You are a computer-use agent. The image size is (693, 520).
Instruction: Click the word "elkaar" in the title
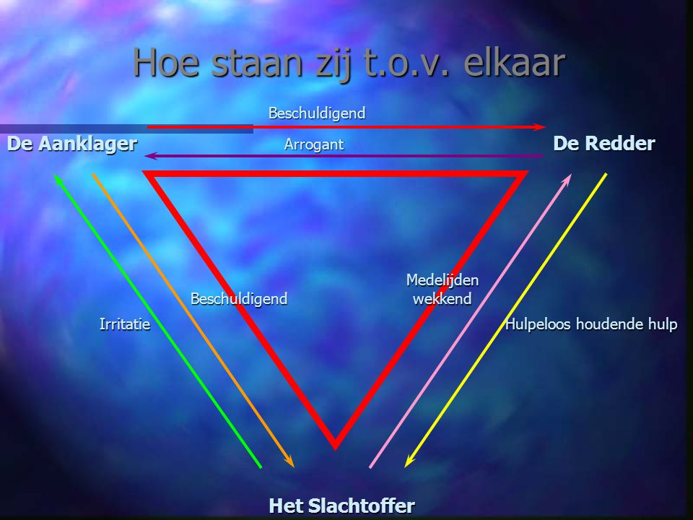[515, 62]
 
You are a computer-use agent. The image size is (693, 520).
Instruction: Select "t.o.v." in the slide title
[407, 64]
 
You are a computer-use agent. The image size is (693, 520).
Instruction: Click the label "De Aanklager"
[72, 144]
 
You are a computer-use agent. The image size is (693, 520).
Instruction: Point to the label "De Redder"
[604, 143]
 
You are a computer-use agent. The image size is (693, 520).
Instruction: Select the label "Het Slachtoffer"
[342, 506]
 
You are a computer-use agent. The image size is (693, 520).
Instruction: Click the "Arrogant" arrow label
[314, 144]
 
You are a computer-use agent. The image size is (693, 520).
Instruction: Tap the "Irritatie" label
[125, 324]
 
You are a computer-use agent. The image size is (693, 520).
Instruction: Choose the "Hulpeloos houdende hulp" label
[591, 324]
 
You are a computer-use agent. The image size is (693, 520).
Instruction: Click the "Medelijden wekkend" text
[443, 290]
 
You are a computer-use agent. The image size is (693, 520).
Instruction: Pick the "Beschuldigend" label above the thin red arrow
[317, 113]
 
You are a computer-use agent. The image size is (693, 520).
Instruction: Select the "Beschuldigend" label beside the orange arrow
[239, 299]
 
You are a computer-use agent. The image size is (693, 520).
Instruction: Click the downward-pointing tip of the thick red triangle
[336, 449]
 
